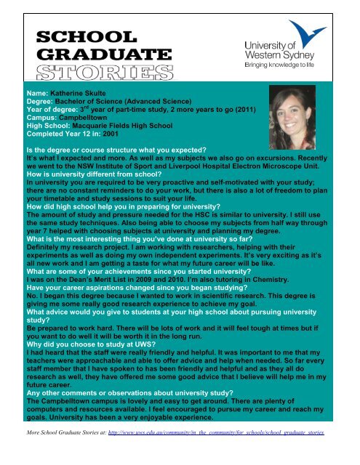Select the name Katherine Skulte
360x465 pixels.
[80, 95]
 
